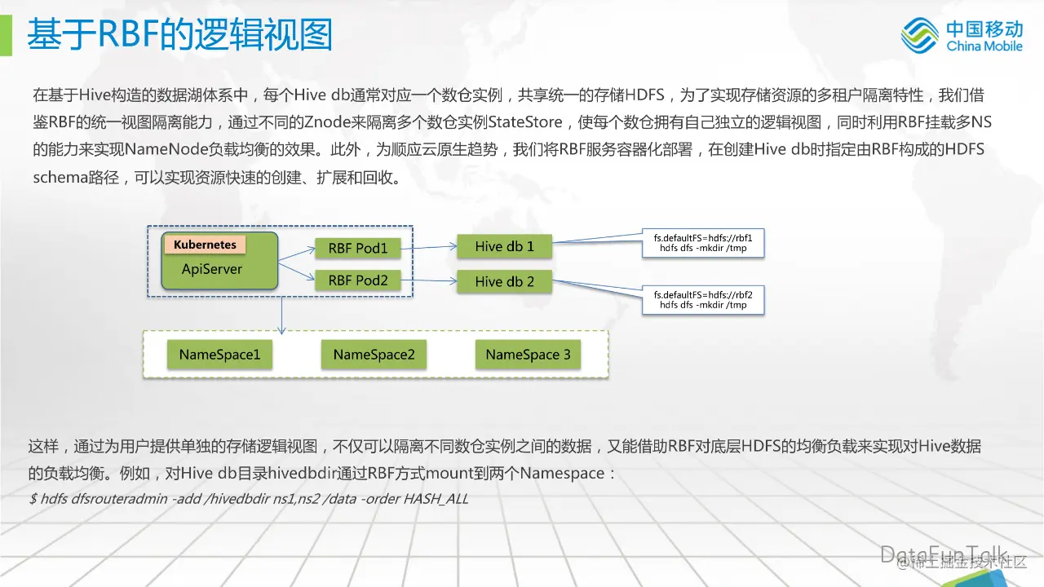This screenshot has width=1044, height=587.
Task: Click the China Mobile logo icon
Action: point(919,35)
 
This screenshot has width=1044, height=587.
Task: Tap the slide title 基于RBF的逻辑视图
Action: point(179,35)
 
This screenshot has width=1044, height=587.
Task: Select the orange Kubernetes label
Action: point(205,245)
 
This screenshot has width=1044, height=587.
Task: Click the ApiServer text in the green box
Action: point(212,269)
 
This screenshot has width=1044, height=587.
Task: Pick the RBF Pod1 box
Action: point(358,248)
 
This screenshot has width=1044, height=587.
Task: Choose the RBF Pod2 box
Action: point(358,280)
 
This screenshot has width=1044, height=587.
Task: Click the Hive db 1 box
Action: point(504,246)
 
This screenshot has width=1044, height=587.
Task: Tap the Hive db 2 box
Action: point(504,282)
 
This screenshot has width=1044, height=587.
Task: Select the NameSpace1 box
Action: point(219,355)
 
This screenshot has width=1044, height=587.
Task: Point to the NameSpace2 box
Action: point(374,355)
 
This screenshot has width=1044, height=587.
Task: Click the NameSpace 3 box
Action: point(528,355)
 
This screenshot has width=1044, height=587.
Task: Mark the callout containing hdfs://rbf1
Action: point(703,242)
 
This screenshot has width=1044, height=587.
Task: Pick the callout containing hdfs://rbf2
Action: point(703,299)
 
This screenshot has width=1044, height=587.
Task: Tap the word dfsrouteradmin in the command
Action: point(120,499)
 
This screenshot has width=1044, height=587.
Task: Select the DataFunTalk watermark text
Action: point(944,554)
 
